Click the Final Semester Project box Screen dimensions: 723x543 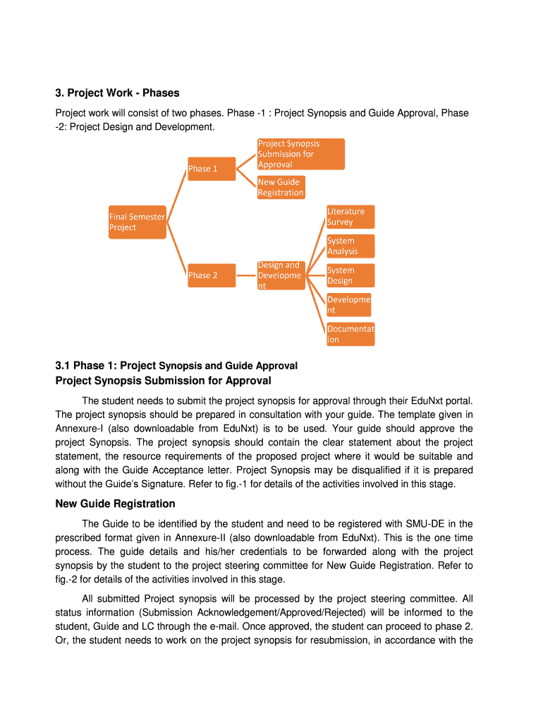pyautogui.click(x=137, y=222)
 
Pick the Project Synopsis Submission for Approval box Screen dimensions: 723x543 pyautogui.click(x=300, y=154)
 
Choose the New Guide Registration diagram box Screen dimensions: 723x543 pyautogui.click(x=281, y=187)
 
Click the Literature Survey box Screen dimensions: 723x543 pyautogui.click(x=350, y=217)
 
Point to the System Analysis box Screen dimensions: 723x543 pyautogui.click(x=350, y=246)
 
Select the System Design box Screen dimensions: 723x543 pyautogui.click(x=350, y=275)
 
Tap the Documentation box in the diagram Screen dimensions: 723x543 pyautogui.click(x=350, y=334)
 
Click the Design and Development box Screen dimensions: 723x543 pyautogui.click(x=281, y=275)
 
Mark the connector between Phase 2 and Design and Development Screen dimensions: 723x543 pyautogui.click(x=246, y=275)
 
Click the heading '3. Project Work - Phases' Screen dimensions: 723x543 pyautogui.click(x=117, y=93)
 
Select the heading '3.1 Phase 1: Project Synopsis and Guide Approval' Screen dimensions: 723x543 pyautogui.click(x=176, y=366)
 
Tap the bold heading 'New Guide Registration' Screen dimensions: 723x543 pyautogui.click(x=115, y=503)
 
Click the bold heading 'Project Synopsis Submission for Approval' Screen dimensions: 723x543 pyautogui.click(x=163, y=381)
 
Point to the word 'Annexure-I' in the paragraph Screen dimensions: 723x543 pyautogui.click(x=81, y=429)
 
